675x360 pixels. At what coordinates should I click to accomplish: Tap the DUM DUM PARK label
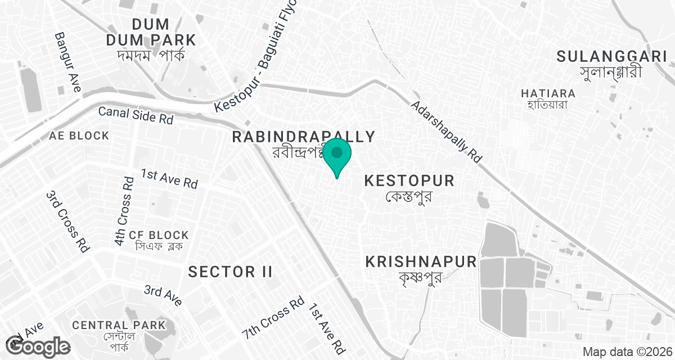click(x=151, y=32)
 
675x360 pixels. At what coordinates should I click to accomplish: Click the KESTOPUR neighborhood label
click(x=409, y=181)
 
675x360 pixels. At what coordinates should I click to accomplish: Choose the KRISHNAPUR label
click(x=421, y=262)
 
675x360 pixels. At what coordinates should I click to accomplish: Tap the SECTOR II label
click(x=230, y=272)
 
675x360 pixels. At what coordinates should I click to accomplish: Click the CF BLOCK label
click(x=159, y=235)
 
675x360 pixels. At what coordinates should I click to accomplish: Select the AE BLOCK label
click(x=79, y=136)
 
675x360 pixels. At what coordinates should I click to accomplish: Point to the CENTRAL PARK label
click(x=119, y=325)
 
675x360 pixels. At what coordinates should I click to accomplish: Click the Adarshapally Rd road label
click(x=447, y=133)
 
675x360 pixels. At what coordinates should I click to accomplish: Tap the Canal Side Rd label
click(x=136, y=115)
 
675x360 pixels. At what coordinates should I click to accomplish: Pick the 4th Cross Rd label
click(x=124, y=212)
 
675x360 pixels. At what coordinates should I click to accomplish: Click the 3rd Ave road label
click(x=163, y=296)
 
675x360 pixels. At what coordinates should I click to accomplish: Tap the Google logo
click(x=38, y=346)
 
